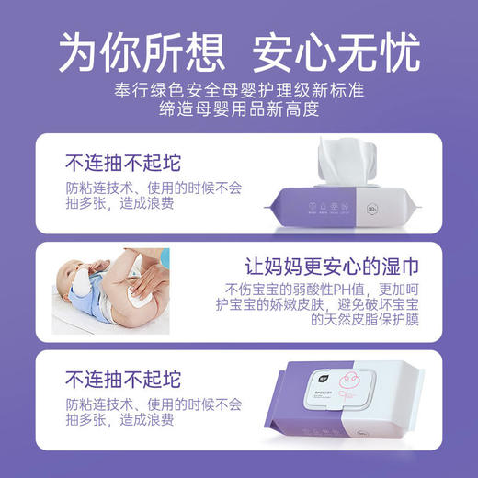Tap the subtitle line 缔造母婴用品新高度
[238, 109]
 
